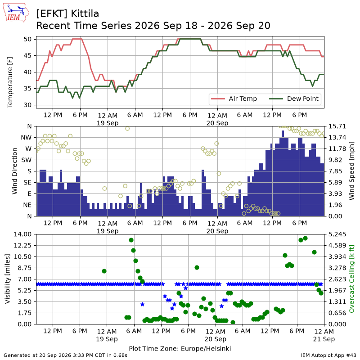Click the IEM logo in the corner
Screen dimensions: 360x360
click(16, 13)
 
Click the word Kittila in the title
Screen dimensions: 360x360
click(85, 14)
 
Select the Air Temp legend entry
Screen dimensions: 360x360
click(234, 99)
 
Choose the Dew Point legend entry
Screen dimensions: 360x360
click(294, 99)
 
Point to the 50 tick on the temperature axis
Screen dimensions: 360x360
click(27, 39)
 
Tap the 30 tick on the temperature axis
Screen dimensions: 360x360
click(27, 105)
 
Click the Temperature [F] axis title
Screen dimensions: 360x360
click(9, 82)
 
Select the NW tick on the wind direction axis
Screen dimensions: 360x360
click(26, 138)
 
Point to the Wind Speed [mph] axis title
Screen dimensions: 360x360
click(351, 171)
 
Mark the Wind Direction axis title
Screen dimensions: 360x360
click(14, 171)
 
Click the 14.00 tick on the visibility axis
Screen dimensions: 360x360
click(22, 234)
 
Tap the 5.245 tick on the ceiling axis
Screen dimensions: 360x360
click(337, 234)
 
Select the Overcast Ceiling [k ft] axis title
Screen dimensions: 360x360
click(351, 279)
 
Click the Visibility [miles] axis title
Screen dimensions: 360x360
click(7, 279)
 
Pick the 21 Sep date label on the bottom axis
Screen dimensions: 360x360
click(324, 339)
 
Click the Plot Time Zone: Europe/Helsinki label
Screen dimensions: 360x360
click(180, 348)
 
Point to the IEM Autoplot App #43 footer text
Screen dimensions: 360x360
click(328, 355)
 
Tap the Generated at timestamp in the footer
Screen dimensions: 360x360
click(65, 355)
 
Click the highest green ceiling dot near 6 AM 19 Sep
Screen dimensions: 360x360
click(131, 240)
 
